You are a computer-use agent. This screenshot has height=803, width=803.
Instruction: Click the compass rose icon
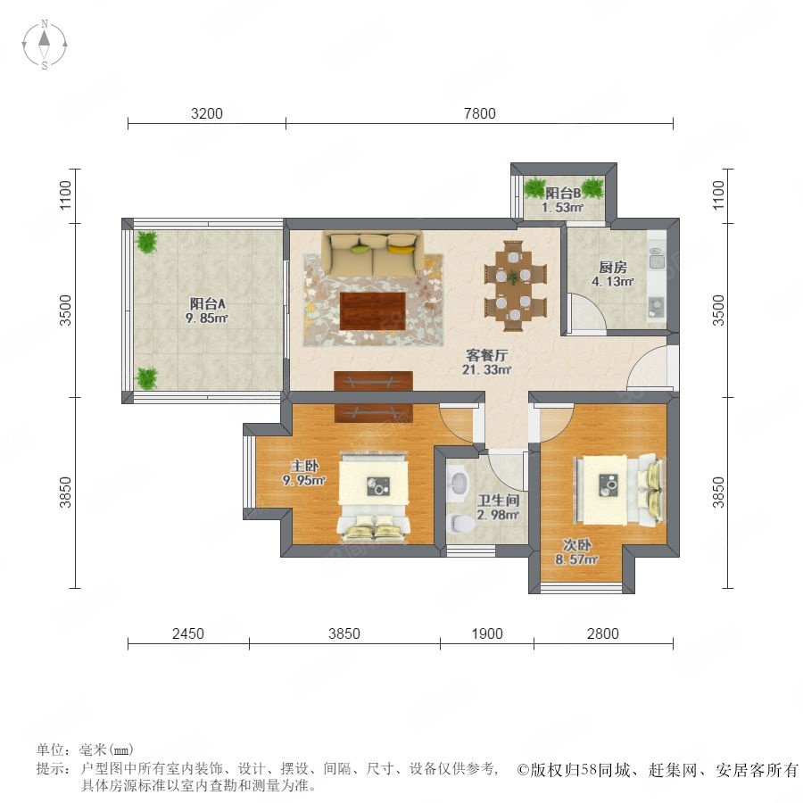click(x=45, y=45)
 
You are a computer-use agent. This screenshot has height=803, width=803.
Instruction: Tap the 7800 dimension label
click(x=480, y=113)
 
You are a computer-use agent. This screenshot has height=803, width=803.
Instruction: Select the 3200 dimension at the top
click(x=207, y=113)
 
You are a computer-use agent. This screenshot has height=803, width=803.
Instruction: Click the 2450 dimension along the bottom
click(x=188, y=633)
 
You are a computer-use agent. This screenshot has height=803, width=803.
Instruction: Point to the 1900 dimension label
click(x=487, y=633)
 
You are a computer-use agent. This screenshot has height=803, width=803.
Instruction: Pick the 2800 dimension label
click(x=603, y=633)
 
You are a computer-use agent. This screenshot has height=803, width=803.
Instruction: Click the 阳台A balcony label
click(x=207, y=303)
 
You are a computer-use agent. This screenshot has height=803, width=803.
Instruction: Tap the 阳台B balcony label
click(x=562, y=193)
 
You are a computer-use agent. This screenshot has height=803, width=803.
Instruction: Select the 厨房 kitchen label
click(x=613, y=267)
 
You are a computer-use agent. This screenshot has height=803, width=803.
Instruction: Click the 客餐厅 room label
click(x=486, y=355)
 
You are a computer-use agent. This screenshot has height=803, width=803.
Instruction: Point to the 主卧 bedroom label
click(x=305, y=466)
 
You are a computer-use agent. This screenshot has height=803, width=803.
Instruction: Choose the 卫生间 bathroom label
click(x=498, y=501)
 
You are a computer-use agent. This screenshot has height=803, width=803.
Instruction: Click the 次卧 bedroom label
click(x=576, y=545)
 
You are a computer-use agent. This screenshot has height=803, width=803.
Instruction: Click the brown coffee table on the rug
click(x=373, y=311)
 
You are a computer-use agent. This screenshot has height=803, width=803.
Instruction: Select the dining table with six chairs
click(x=515, y=286)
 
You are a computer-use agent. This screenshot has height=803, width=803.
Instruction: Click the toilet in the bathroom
click(x=462, y=524)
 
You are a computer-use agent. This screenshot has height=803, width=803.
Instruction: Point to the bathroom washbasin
click(x=459, y=483)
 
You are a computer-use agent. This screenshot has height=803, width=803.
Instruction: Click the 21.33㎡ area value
click(x=487, y=369)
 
